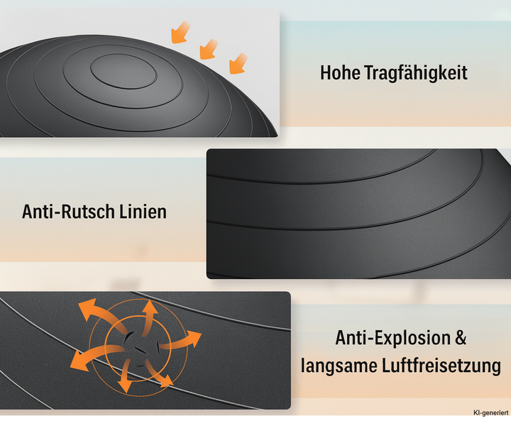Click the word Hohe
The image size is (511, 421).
pos(340,72)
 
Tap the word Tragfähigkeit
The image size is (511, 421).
pos(416,73)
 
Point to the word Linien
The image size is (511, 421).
pos(143,212)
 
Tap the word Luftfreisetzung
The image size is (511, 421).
pos(441,366)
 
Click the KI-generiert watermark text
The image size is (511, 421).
pos(490,413)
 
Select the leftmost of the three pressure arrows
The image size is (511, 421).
pos(180,32)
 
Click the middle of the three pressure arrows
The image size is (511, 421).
pos(209,49)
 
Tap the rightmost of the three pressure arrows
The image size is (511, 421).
pos(238,63)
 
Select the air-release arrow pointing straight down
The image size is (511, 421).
pos(125,376)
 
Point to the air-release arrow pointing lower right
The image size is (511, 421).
pos(159,373)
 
